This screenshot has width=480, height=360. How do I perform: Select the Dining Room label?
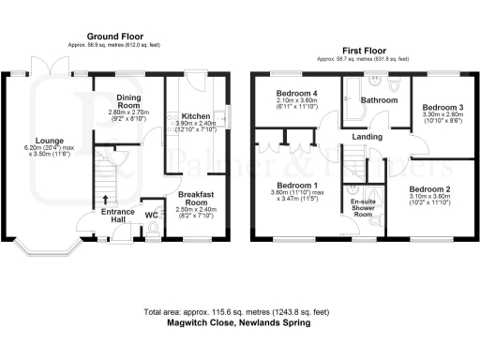(x=129, y=100)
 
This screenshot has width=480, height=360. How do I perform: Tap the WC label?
(x=152, y=215)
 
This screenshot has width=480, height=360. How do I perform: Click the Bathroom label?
(x=380, y=99)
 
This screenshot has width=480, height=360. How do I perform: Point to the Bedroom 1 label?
(x=294, y=185)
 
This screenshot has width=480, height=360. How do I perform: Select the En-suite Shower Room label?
(x=363, y=207)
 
